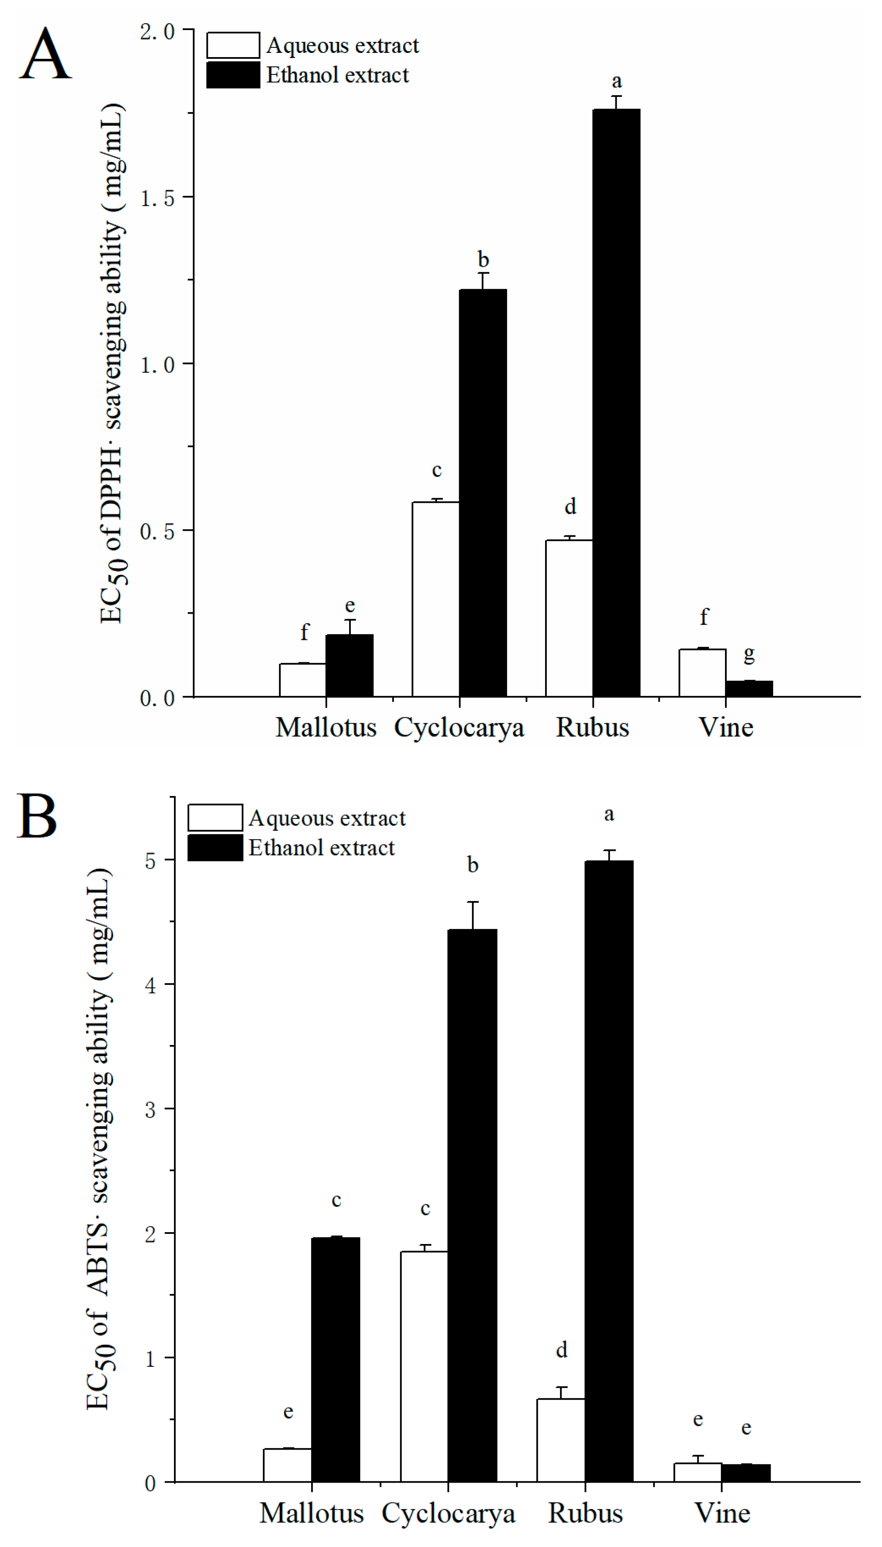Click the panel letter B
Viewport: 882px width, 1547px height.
pyautogui.click(x=38, y=816)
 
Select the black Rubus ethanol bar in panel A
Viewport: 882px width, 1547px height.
pyautogui.click(x=616, y=403)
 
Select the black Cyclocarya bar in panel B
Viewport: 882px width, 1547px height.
pyautogui.click(x=472, y=1205)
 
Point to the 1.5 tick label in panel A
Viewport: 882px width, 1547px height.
pyautogui.click(x=157, y=198)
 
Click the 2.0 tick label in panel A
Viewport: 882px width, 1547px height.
pyautogui.click(x=157, y=31)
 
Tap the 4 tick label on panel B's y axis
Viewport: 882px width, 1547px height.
pyautogui.click(x=150, y=985)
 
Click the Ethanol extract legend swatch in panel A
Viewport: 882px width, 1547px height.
pyautogui.click(x=233, y=75)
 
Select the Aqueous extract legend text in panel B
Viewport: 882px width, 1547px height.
pyautogui.click(x=327, y=818)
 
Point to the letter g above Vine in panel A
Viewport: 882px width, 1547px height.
pyautogui.click(x=750, y=654)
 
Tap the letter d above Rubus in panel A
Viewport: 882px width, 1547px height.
pyautogui.click(x=570, y=506)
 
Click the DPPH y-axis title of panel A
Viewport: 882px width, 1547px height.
pyautogui.click(x=113, y=364)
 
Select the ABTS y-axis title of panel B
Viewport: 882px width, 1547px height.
pyautogui.click(x=99, y=1139)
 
